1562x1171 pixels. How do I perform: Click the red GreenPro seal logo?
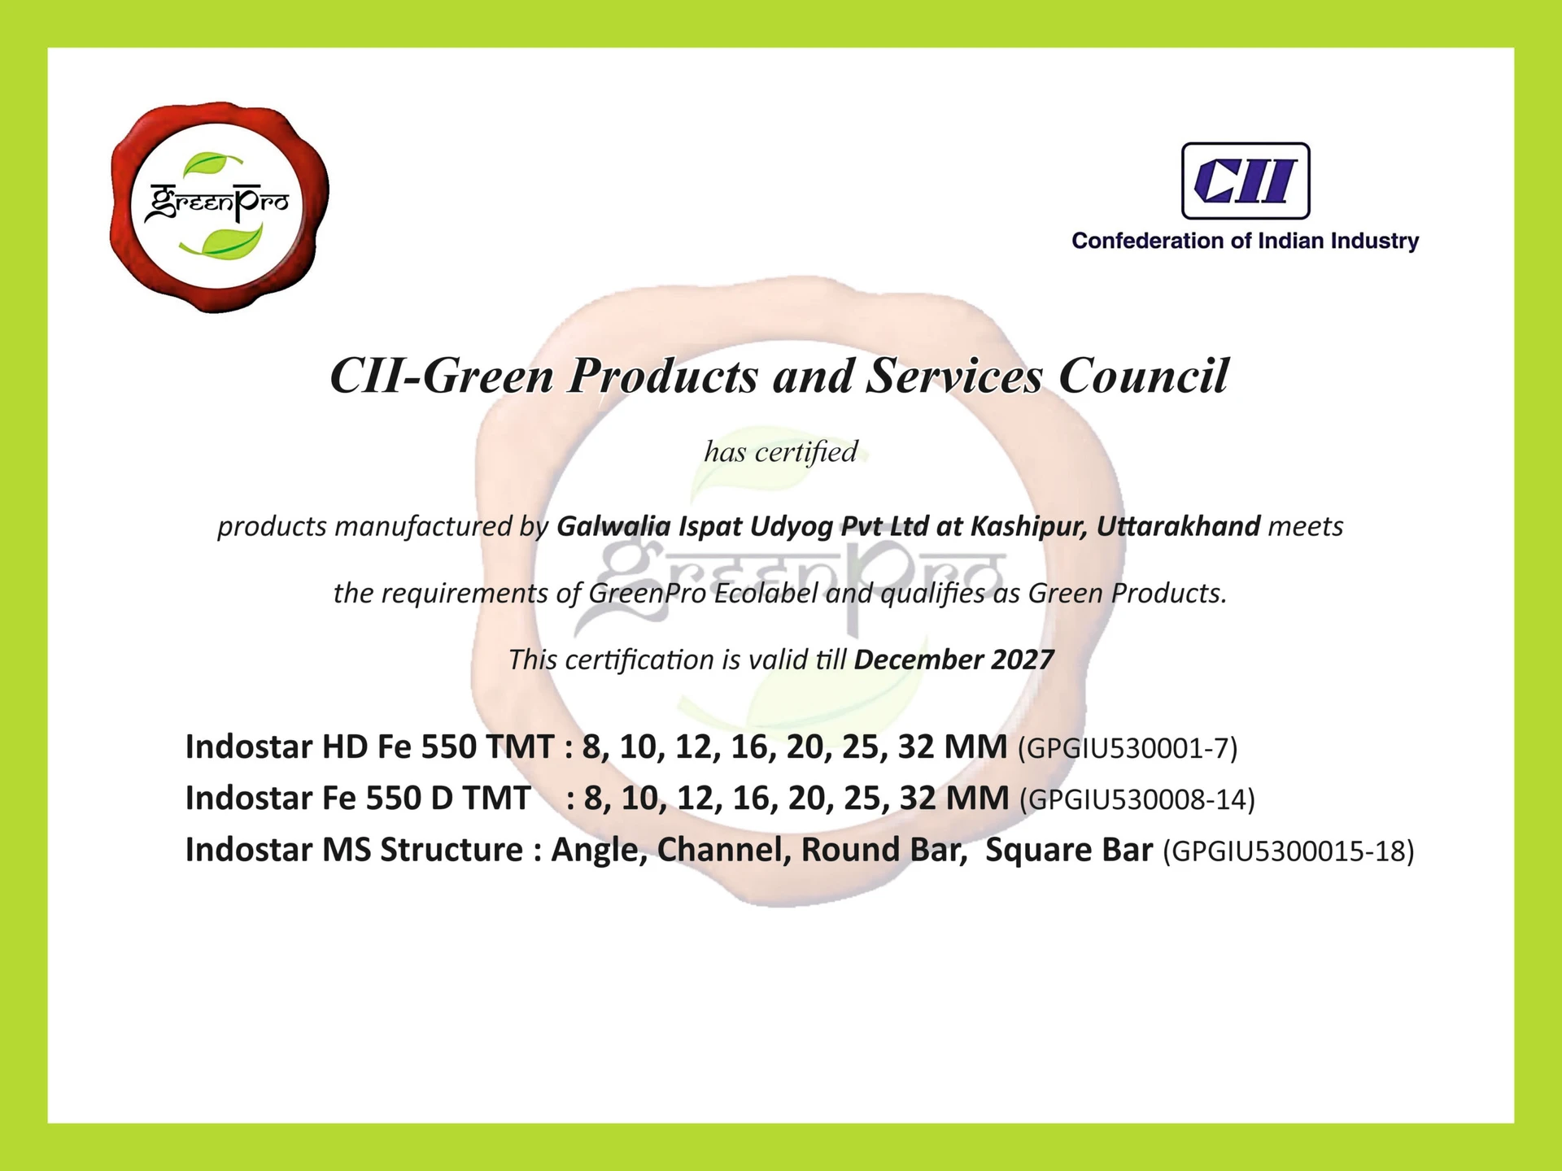(x=219, y=207)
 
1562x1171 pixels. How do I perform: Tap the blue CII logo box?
(x=1246, y=181)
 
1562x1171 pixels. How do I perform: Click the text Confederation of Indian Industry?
(x=1246, y=241)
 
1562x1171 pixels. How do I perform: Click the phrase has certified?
(x=781, y=451)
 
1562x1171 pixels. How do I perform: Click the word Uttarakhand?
(x=1179, y=526)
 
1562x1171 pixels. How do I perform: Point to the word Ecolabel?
(x=766, y=593)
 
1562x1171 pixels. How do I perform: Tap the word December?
(x=918, y=660)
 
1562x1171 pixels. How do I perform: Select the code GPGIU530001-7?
(x=1128, y=748)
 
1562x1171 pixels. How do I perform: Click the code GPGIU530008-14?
(x=1137, y=799)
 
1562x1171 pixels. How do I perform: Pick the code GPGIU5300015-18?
(x=1289, y=851)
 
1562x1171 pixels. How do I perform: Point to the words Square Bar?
(x=1069, y=851)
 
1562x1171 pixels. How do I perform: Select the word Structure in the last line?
(x=452, y=850)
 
